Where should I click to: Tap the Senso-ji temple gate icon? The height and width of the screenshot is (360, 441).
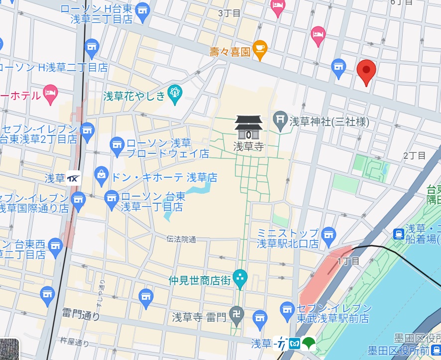248,128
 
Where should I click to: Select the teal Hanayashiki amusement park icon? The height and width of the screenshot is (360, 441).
174,93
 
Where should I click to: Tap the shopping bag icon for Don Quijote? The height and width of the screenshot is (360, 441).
102,175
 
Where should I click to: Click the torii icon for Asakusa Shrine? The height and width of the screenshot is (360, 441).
281,120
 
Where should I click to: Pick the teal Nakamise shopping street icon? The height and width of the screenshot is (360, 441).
240,279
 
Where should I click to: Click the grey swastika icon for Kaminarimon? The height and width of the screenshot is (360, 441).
237,316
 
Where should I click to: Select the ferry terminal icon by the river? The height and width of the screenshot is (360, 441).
399,234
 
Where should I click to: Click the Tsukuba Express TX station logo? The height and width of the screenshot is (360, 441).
73,177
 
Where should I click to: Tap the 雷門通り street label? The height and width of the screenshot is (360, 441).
81,315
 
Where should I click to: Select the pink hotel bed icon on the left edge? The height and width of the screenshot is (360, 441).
50,93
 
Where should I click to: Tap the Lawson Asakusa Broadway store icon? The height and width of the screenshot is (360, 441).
117,144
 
